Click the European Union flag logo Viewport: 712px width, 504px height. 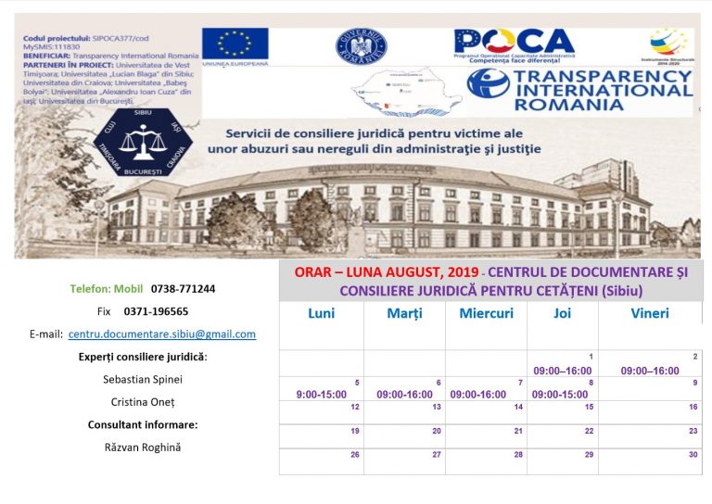pos(235,44)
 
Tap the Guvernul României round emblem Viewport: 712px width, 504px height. pos(362,45)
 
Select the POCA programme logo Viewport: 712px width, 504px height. pos(514,46)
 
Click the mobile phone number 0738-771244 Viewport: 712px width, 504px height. pos(184,289)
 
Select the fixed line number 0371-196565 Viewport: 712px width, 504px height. pos(156,311)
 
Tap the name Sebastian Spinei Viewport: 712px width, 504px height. pos(142,379)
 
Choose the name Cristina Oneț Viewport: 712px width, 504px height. pos(142,402)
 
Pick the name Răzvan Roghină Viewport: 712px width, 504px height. pos(142,447)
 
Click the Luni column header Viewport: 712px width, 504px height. pos(321,313)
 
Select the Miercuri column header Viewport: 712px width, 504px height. pos(486,313)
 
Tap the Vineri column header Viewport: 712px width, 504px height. pos(650,313)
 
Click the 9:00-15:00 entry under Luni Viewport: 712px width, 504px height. pos(321,395)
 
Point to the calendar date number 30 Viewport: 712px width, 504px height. pos(693,455)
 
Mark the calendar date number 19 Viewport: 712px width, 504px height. pos(354,431)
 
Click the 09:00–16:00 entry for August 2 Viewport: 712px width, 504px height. pos(650,371)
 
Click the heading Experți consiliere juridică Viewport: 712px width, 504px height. pos(142,357)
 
